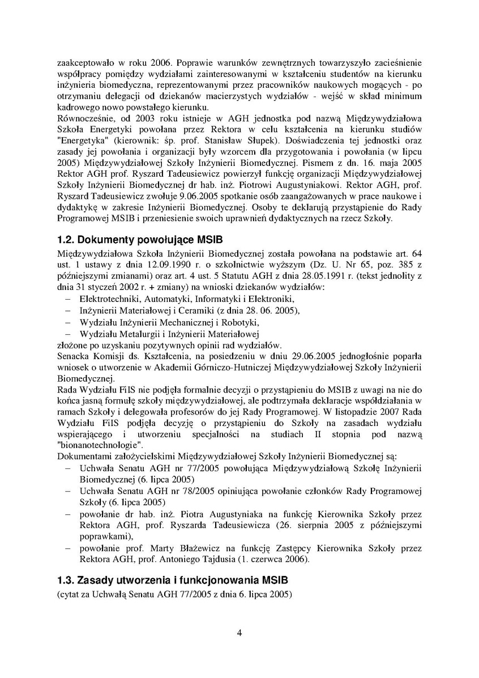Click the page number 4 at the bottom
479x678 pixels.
tap(239, 633)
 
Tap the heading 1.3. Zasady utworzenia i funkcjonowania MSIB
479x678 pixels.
tap(173, 581)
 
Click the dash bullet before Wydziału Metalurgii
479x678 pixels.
tap(68, 333)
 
